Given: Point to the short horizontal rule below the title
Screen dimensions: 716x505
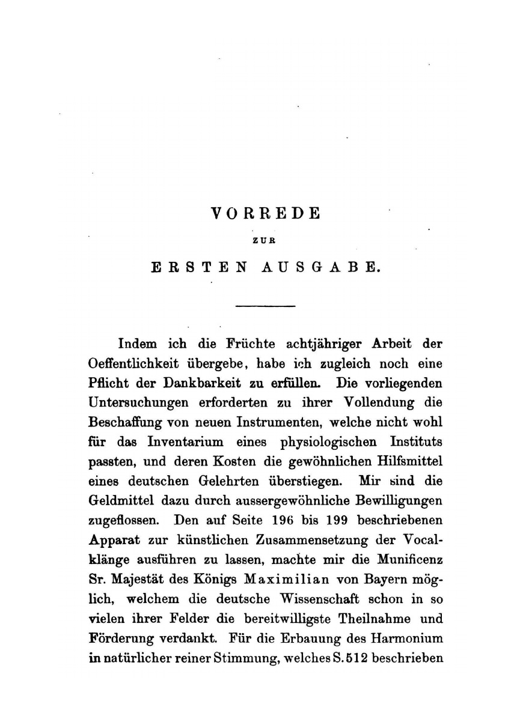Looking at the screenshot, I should click(x=266, y=307).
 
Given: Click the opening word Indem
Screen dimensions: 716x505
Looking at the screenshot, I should click(x=138, y=345).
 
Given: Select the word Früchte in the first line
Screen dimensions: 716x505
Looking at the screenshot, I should click(x=250, y=345).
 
